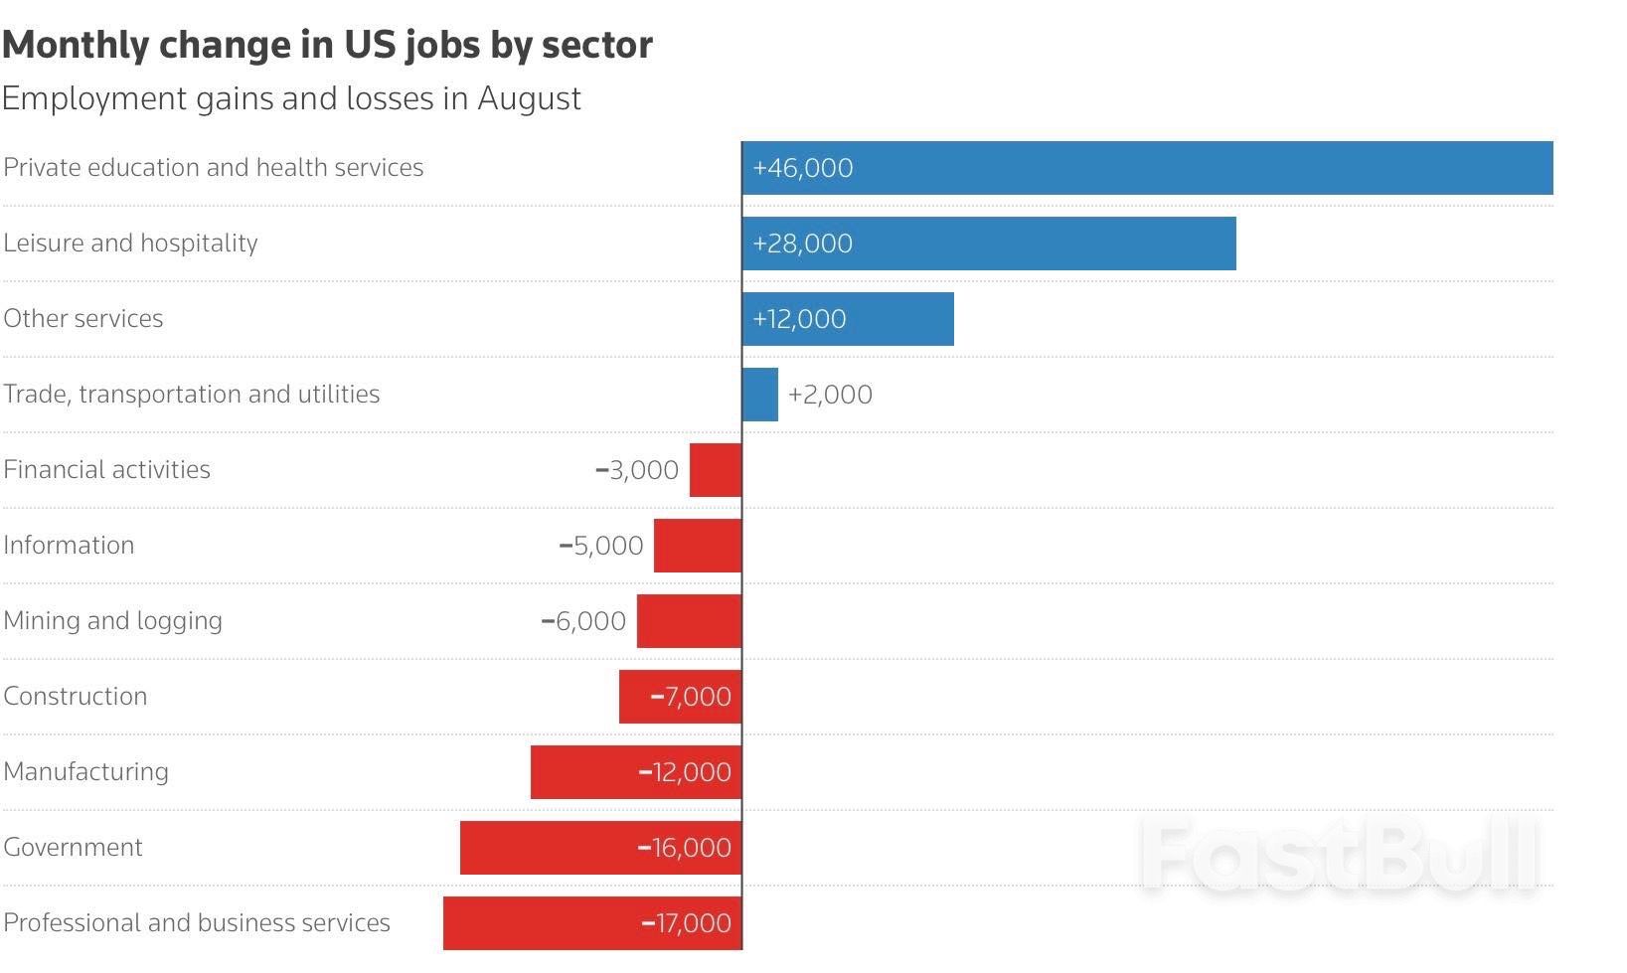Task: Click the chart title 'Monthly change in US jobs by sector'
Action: click(x=327, y=45)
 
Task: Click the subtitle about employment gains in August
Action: click(x=291, y=98)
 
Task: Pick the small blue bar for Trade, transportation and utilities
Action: click(x=760, y=395)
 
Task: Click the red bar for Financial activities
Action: click(x=716, y=470)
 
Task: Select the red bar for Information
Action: click(x=698, y=546)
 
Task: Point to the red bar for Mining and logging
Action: click(x=689, y=621)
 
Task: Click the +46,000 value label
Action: click(x=803, y=168)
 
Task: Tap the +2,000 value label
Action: click(x=830, y=395)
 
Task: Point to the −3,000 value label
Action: click(x=637, y=470)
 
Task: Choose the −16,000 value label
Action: click(x=684, y=848)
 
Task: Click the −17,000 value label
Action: click(x=686, y=923)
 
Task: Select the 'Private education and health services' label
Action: click(x=214, y=167)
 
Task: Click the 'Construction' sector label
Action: click(x=76, y=696)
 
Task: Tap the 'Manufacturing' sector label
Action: click(x=86, y=771)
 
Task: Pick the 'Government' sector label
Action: click(x=74, y=847)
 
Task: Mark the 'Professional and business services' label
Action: click(x=197, y=922)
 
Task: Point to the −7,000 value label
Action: click(x=691, y=697)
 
